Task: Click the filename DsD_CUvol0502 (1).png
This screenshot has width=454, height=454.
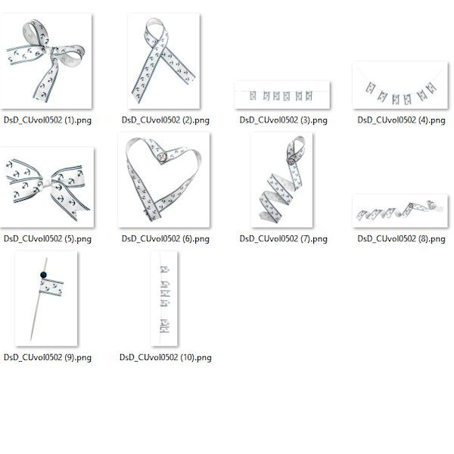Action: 48,120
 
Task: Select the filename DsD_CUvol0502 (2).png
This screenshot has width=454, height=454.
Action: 165,120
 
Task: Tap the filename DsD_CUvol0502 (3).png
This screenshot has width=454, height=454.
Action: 283,120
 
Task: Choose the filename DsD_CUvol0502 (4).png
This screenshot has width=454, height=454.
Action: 401,120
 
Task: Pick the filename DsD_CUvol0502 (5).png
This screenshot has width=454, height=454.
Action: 48,239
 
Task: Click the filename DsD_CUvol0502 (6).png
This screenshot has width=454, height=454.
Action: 165,239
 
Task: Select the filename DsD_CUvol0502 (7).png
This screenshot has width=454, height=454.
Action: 283,239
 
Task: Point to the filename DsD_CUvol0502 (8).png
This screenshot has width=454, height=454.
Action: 401,239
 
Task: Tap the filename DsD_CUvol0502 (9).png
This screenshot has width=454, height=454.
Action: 48,358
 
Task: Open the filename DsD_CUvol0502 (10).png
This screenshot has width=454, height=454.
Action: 165,358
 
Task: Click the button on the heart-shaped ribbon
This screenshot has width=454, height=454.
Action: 162,157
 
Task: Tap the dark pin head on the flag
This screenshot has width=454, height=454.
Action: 43,275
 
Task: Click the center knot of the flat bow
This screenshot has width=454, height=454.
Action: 47,183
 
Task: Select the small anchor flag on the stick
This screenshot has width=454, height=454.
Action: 51,288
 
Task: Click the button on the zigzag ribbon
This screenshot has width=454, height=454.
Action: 291,161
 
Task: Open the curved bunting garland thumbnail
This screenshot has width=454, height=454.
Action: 400,85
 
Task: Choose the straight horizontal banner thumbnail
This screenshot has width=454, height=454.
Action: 282,95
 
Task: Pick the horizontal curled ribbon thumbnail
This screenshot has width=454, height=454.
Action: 400,211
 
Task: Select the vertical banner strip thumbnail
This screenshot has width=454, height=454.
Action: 164,299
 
